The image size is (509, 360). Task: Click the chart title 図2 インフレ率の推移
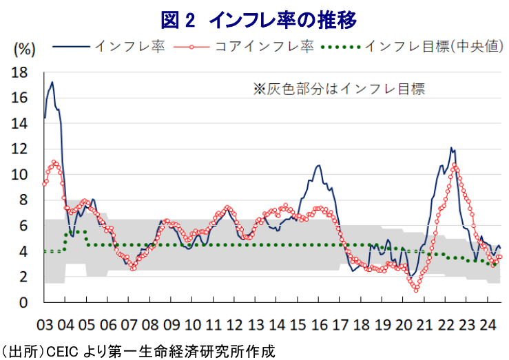coord(259,20)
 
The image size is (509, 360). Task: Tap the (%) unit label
coord(24,50)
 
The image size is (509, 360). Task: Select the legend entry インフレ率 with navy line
coord(109,47)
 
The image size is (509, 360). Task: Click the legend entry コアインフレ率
coord(244,47)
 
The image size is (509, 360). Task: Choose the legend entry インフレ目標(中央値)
coord(413,47)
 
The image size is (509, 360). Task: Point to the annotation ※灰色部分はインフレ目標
coord(339,89)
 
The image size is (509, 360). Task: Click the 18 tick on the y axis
coord(19,73)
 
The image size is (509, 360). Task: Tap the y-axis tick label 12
coord(19,149)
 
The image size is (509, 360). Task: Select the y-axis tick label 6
coord(23,226)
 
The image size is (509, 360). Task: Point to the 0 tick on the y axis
coord(23,303)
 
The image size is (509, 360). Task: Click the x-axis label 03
coord(45,325)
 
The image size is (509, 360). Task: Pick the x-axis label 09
coord(172,325)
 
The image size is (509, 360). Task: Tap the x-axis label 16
coord(319,325)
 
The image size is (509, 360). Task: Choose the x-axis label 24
coord(488,325)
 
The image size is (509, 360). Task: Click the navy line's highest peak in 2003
coord(52,82)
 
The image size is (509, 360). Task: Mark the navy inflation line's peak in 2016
coord(319,165)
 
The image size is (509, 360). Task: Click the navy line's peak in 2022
coord(451,147)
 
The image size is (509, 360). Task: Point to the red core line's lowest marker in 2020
coord(416,290)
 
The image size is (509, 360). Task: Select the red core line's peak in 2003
coord(54,162)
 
